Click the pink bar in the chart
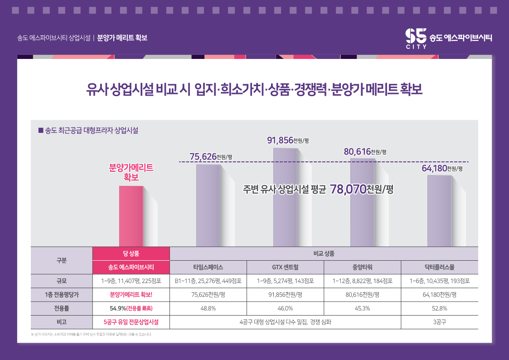pos(131,216)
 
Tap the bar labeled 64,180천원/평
pos(439,211)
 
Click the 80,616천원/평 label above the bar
pos(365,151)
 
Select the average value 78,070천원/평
pos(362,189)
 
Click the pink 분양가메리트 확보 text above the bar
pos(131,173)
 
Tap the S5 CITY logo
pos(416,38)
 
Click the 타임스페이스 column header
pos(208,267)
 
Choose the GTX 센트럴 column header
pos(285,267)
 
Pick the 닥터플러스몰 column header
pos(439,267)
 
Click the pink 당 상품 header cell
pos(131,253)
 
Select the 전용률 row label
pos(61,308)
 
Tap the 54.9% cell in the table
pos(131,308)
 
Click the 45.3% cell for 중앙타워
pos(362,308)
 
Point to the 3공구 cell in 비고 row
pos(439,322)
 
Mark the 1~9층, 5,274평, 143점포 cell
pos(285,281)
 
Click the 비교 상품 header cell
pos(324,253)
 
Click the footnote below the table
pos(91,334)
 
